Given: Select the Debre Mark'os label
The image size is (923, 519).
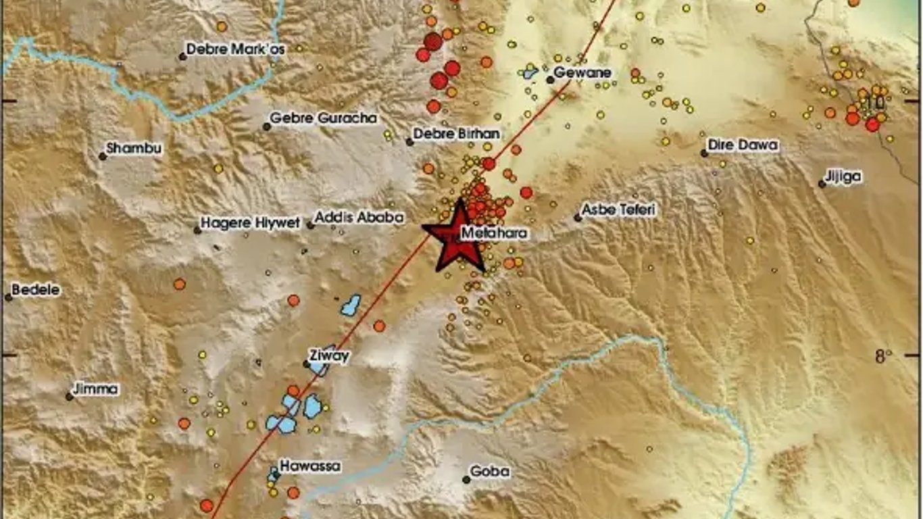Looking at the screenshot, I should coord(236,49).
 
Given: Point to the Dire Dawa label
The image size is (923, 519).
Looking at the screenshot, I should coord(743,145).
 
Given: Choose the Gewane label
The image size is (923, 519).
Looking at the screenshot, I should coord(582,73).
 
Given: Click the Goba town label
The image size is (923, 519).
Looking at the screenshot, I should coord(490,472).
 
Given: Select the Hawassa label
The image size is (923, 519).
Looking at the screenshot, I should coord(310,466).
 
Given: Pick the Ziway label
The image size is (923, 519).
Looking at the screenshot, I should coord(328,355).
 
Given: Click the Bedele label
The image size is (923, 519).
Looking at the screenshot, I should coord(36,291).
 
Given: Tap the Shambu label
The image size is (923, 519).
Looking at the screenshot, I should coord(134,149).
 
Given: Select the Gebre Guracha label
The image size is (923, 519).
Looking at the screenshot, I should coord(323,118).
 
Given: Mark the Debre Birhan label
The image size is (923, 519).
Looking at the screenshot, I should coord(457,134).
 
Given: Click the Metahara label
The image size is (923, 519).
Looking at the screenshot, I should coord(494,234).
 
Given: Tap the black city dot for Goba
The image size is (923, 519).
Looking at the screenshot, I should coord(466,479).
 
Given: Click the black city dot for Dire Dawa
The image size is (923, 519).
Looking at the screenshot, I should coord(704,153).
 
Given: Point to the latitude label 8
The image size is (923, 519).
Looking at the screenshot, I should coord(880,356).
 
